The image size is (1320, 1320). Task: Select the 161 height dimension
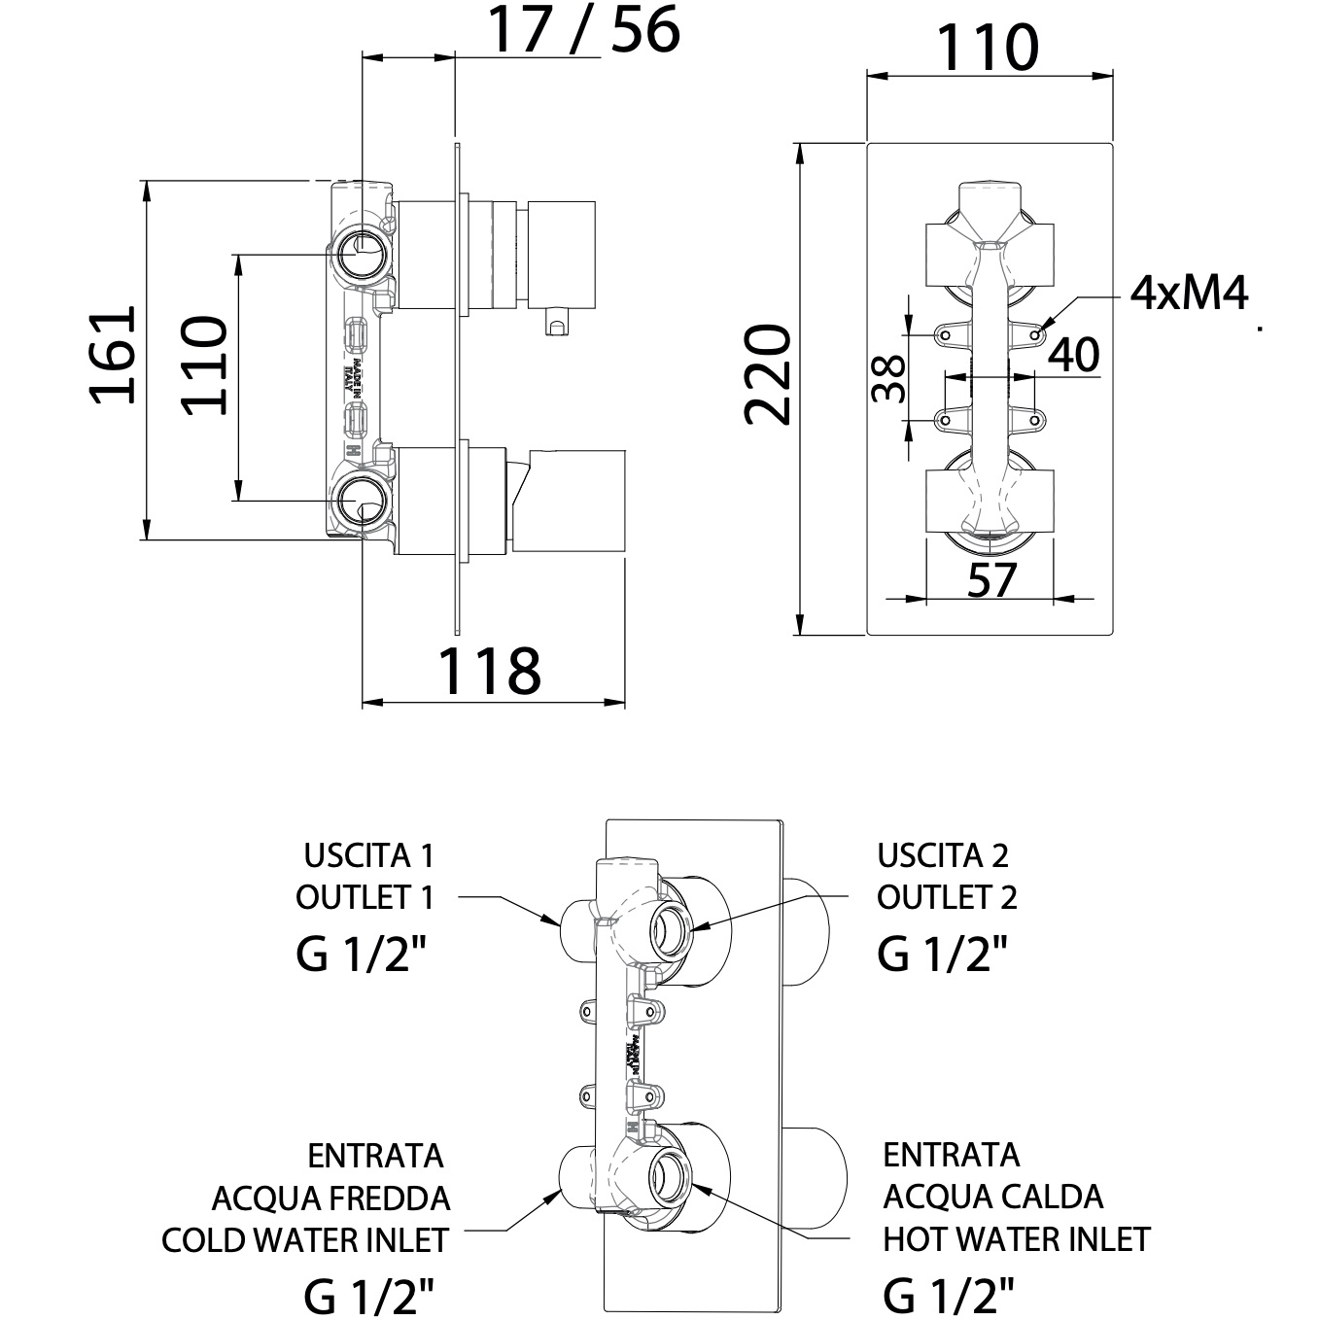tap(113, 356)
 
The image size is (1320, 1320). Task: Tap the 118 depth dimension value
tap(489, 671)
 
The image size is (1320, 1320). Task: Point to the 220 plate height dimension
tap(768, 375)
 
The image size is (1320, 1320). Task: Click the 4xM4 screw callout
tap(1189, 292)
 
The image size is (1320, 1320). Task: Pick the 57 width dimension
tap(991, 580)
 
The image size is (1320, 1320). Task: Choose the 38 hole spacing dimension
tap(889, 379)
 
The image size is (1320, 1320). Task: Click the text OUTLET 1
tap(365, 897)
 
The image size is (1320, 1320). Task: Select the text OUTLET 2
tap(947, 897)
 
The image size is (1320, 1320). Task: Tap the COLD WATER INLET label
tap(305, 1240)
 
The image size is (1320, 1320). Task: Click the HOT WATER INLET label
tap(1017, 1239)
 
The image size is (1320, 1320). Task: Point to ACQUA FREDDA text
tap(330, 1198)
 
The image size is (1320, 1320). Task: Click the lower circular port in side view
tap(363, 503)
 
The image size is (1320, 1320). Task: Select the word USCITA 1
tap(368, 856)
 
